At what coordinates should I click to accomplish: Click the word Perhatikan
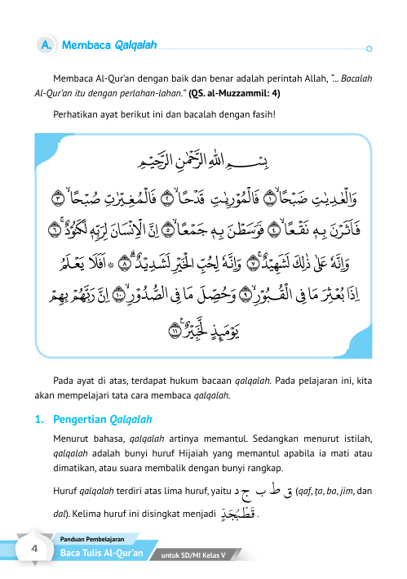coord(77,114)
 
